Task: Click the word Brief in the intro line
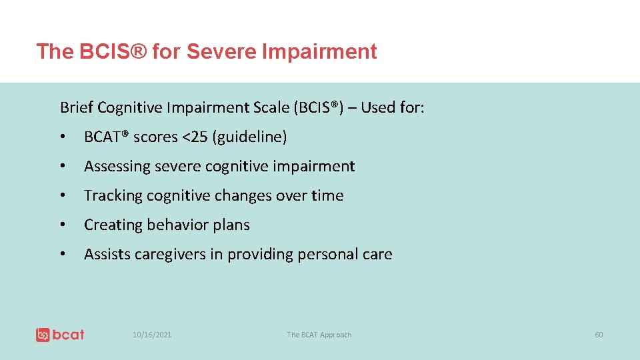point(75,107)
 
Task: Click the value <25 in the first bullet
point(195,137)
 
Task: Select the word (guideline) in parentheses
point(251,137)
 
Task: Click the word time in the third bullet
point(329,196)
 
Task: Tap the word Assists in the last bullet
point(107,255)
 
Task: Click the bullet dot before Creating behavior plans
point(62,225)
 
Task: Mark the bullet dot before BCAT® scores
point(62,137)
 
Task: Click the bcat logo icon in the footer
point(43,335)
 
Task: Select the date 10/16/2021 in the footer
point(151,335)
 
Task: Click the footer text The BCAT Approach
point(319,335)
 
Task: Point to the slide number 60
point(599,335)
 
